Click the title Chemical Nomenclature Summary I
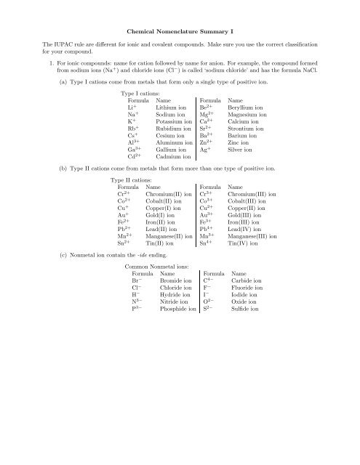coord(180,33)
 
